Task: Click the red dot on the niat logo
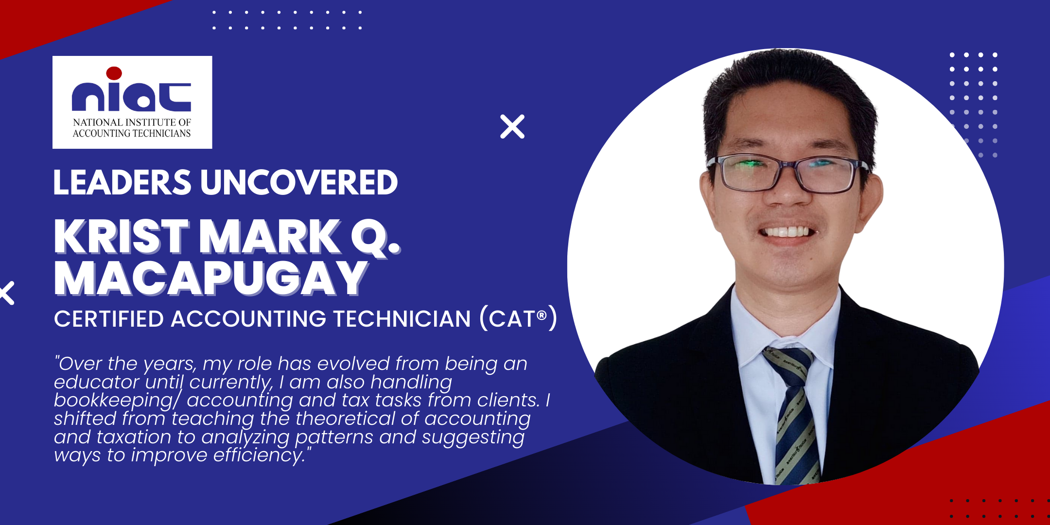point(114,73)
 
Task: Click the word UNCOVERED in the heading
point(299,183)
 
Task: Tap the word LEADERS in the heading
point(122,183)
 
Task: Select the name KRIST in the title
point(121,237)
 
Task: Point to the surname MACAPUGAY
point(211,278)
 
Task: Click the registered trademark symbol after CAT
point(542,315)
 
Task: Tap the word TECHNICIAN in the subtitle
point(402,319)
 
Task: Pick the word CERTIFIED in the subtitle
point(109,319)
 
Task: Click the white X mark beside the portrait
point(512,127)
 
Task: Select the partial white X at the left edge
point(7,293)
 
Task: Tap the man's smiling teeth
point(787,231)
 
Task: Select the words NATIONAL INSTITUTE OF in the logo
point(132,122)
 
